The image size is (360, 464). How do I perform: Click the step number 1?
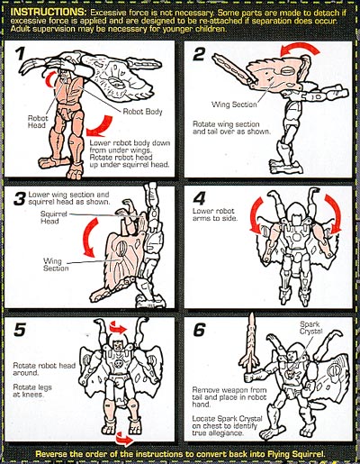21,53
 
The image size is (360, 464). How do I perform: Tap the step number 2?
199,54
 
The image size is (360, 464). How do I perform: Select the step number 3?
19,199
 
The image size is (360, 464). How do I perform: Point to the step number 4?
199,198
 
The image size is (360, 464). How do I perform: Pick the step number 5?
20,330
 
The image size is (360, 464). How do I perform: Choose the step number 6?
199,330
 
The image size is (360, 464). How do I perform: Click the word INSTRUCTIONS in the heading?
49,12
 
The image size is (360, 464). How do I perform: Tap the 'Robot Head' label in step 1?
38,122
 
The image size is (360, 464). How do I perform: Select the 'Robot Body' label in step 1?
142,112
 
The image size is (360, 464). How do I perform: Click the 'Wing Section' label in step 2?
234,105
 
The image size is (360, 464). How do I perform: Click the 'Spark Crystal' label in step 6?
310,328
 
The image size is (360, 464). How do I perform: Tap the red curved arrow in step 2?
300,47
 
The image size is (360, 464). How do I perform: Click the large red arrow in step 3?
89,237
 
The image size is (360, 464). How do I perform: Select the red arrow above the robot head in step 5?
119,327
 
